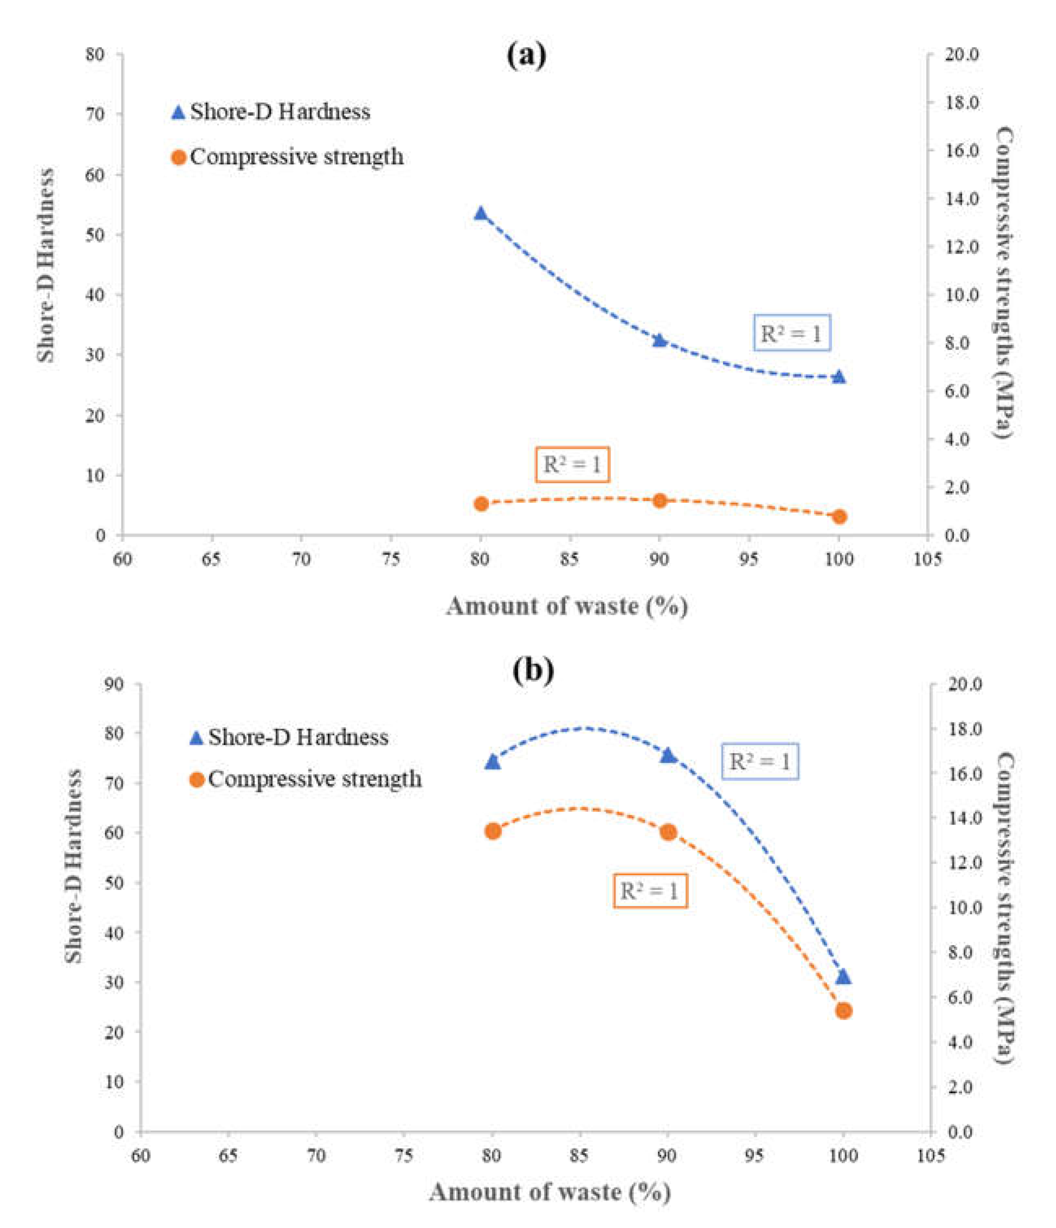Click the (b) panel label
pyautogui.click(x=533, y=670)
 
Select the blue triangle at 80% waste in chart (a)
pyautogui.click(x=480, y=214)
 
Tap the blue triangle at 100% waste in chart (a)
pyautogui.click(x=839, y=377)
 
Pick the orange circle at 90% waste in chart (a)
pyautogui.click(x=660, y=501)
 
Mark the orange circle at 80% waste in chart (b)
pyautogui.click(x=493, y=832)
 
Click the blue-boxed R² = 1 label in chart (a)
pyautogui.click(x=792, y=334)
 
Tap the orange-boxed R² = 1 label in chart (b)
pyautogui.click(x=650, y=891)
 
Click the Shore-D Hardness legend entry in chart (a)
pyautogui.click(x=272, y=111)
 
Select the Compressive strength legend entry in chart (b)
pyautogui.click(x=306, y=779)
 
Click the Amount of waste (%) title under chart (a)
pyautogui.click(x=567, y=606)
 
